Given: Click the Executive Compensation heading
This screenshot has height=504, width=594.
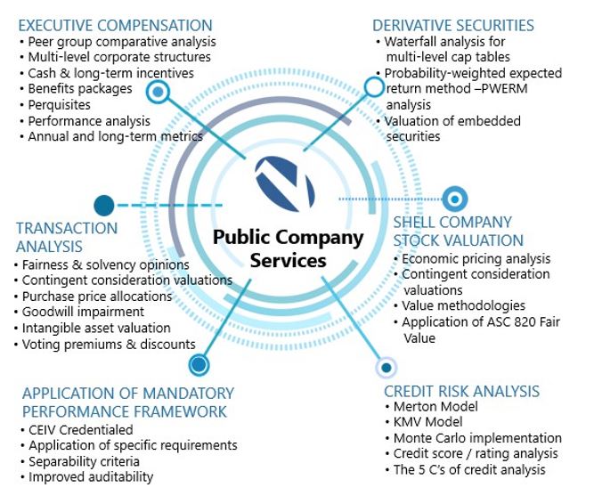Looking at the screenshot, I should [115, 25].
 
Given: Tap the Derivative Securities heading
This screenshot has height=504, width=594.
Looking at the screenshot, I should [452, 25].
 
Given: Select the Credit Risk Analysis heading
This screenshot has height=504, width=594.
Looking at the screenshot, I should [461, 391].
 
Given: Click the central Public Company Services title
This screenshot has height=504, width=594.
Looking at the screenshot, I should [288, 248].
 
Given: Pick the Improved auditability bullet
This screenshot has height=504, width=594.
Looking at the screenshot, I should [90, 476].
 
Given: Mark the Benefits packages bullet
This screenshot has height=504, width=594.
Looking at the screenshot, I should [80, 88].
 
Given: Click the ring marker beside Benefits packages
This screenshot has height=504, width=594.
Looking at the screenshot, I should [158, 91].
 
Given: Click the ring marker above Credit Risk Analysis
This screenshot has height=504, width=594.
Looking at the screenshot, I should [386, 366].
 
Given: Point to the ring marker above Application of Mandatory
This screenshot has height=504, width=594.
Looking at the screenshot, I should [199, 364].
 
